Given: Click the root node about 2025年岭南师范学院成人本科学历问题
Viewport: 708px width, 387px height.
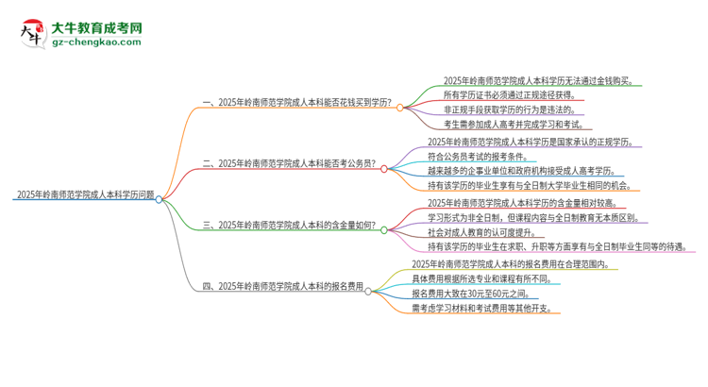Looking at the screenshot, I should [x=85, y=196].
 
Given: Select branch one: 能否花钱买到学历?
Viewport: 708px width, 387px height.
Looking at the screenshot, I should [x=297, y=107].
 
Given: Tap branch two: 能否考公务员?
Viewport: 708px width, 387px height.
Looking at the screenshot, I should [x=289, y=163].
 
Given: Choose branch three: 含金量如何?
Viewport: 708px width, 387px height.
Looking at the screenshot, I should [x=289, y=227].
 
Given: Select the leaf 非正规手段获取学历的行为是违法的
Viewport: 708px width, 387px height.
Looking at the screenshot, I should [x=514, y=109].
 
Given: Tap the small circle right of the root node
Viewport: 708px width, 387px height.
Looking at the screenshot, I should [x=160, y=198].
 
